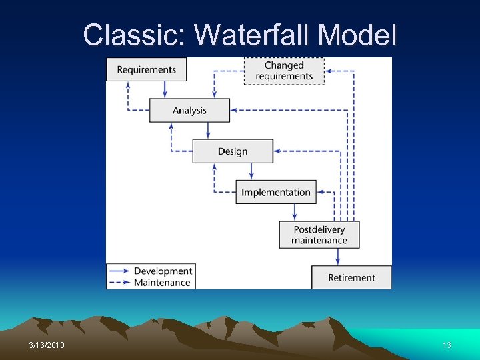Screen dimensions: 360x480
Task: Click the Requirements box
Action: pos(146,69)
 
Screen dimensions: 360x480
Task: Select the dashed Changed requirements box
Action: pos(284,71)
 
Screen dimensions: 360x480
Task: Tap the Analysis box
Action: pos(189,111)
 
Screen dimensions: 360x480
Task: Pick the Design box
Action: pos(233,151)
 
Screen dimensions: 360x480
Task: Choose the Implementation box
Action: pos(276,192)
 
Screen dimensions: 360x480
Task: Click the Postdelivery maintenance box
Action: pos(319,235)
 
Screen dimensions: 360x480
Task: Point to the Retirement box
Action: pos(351,277)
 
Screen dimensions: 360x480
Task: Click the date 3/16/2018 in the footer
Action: pos(47,345)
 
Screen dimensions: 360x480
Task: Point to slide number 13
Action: pos(447,345)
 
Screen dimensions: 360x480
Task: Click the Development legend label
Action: pos(163,271)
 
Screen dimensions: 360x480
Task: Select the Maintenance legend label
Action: pos(162,283)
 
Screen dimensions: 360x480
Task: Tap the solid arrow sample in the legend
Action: pos(120,271)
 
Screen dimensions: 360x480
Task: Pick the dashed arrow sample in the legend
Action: pos(120,283)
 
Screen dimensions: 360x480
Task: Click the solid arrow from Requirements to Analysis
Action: pos(165,90)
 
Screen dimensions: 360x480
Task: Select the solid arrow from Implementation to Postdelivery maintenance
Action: pos(295,212)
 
